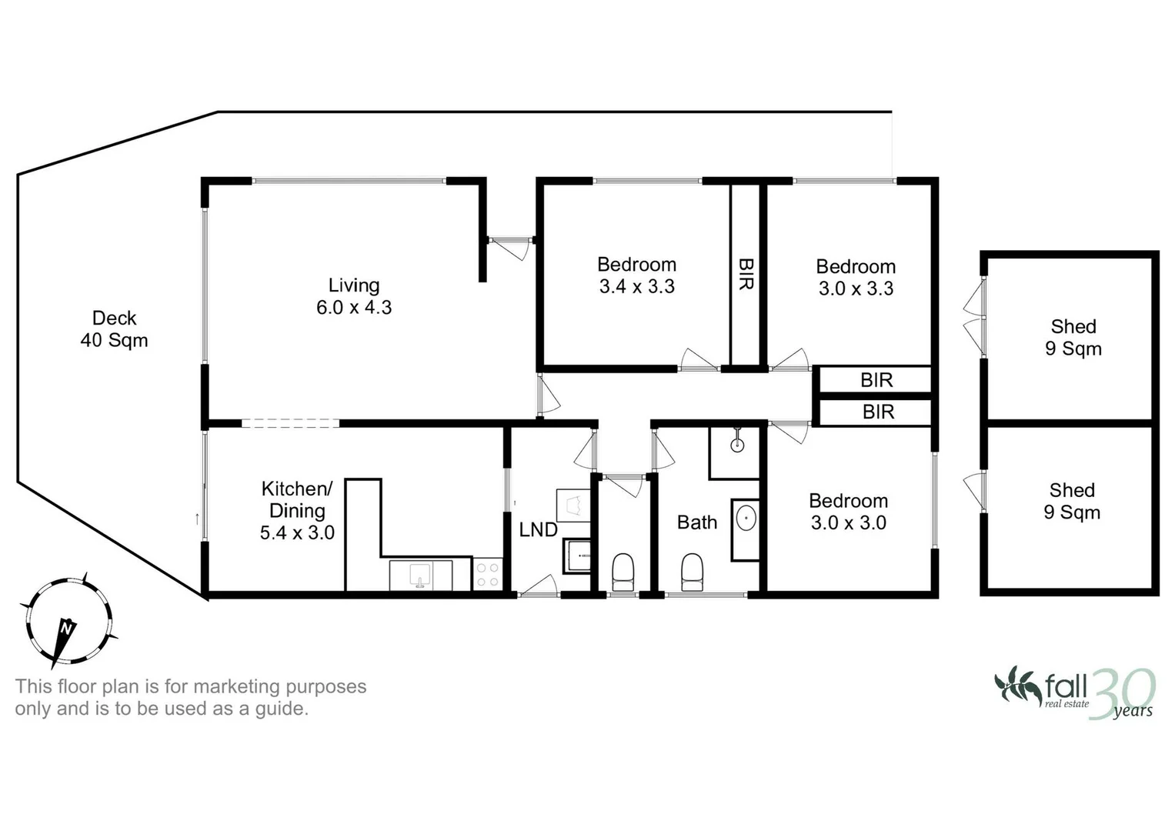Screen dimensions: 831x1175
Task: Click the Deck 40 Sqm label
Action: [x=114, y=329]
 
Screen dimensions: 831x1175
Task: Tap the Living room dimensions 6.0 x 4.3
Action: [x=354, y=308]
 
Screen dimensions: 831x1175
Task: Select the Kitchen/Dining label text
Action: [x=297, y=499]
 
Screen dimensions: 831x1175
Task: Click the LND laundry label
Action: [x=538, y=529]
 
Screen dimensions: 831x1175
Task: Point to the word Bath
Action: [x=697, y=522]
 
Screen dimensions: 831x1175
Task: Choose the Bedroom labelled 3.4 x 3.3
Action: [x=636, y=275]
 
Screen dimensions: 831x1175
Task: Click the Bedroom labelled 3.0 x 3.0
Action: [x=848, y=512]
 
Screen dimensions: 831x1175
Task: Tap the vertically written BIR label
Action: [x=746, y=274]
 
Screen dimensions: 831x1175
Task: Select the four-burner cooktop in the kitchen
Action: [x=487, y=575]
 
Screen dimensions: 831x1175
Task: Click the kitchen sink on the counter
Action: [x=420, y=574]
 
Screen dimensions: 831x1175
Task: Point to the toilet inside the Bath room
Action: [x=693, y=572]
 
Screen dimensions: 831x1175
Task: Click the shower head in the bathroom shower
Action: [x=737, y=443]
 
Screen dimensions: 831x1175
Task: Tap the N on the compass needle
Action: [x=67, y=629]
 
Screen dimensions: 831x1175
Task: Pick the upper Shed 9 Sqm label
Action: [x=1073, y=338]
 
